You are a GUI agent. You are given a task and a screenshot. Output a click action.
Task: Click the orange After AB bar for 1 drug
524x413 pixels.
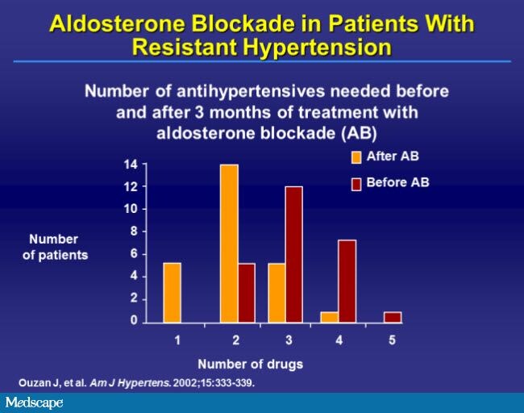(x=172, y=293)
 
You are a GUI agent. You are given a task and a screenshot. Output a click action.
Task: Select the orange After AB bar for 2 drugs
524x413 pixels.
(x=229, y=244)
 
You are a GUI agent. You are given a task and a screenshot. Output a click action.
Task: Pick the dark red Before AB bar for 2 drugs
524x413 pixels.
(x=247, y=293)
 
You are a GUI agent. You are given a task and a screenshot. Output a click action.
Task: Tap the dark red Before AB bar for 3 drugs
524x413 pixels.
(x=294, y=254)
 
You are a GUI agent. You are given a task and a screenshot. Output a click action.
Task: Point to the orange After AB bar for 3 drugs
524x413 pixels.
(x=277, y=293)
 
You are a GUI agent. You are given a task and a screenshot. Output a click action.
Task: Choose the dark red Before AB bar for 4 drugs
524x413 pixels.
(x=347, y=282)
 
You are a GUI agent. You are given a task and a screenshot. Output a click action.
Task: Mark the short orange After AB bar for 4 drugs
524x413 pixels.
(x=330, y=317)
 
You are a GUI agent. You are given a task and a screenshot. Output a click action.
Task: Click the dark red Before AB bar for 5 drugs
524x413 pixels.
(x=393, y=317)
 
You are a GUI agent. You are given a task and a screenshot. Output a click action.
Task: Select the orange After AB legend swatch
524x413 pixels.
(x=356, y=157)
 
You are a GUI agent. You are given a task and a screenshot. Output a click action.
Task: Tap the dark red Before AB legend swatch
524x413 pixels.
(x=356, y=184)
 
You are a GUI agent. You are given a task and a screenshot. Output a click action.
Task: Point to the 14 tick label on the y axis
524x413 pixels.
(x=131, y=165)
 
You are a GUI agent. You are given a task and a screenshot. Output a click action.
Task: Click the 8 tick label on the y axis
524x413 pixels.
(x=134, y=231)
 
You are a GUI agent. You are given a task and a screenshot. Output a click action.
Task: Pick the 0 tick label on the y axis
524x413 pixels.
(x=134, y=320)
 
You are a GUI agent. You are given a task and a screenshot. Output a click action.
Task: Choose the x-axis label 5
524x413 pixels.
(x=392, y=340)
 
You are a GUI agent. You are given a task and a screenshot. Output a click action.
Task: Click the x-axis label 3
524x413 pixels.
(x=289, y=340)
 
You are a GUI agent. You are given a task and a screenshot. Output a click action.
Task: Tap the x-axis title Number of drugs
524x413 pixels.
(x=250, y=364)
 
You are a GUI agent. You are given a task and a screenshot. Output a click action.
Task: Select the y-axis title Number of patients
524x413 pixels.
(x=55, y=247)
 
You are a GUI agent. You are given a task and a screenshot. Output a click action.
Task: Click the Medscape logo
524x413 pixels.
(x=34, y=403)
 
